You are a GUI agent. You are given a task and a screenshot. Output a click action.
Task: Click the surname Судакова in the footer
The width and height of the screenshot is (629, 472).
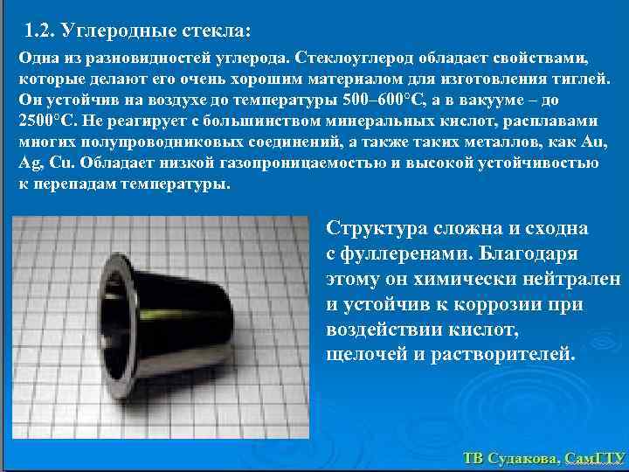pos(521,457)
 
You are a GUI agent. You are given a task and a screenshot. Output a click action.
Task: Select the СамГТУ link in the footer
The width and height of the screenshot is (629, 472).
pos(594,457)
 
